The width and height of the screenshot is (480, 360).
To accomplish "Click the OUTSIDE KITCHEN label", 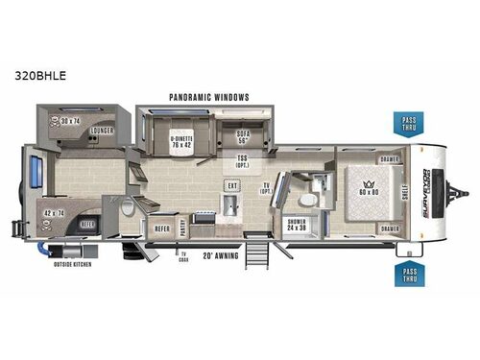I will (x=73, y=263).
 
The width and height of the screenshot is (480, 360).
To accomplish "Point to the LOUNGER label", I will (x=102, y=131).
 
